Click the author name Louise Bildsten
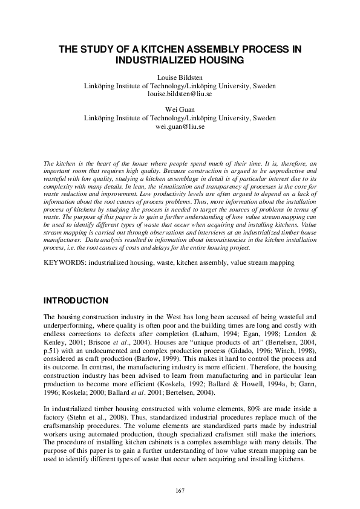(x=180, y=78)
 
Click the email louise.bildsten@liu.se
(x=180, y=94)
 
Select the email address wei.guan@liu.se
(x=180, y=127)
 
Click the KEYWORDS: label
(x=65, y=263)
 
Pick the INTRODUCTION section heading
(x=76, y=301)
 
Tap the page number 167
(x=180, y=489)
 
